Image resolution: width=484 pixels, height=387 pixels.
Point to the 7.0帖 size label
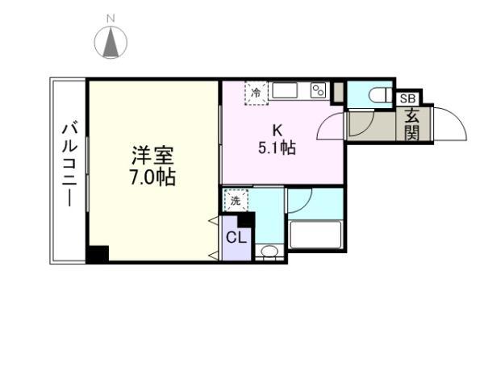tap(152, 177)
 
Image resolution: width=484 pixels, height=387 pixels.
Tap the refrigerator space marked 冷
tap(257, 92)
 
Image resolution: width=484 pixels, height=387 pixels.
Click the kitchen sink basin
tap(286, 90)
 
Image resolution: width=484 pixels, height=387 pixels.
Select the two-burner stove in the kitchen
tap(318, 90)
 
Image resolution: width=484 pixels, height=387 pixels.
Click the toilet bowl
tap(379, 95)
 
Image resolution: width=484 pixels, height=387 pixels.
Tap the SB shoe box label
tap(408, 98)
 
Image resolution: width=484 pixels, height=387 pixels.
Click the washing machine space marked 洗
tap(236, 200)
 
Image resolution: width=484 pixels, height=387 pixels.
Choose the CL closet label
tap(236, 237)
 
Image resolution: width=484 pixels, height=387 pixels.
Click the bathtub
tap(315, 236)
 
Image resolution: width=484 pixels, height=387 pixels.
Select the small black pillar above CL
tap(246, 219)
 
